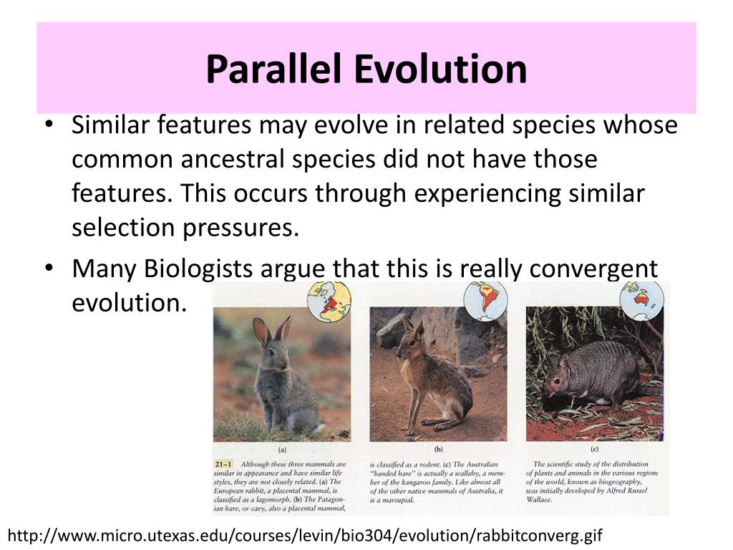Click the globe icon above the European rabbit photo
329,301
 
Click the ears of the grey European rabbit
272,330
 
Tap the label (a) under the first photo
282,451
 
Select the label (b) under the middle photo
437,450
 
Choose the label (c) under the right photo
594,450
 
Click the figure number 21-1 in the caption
223,464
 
